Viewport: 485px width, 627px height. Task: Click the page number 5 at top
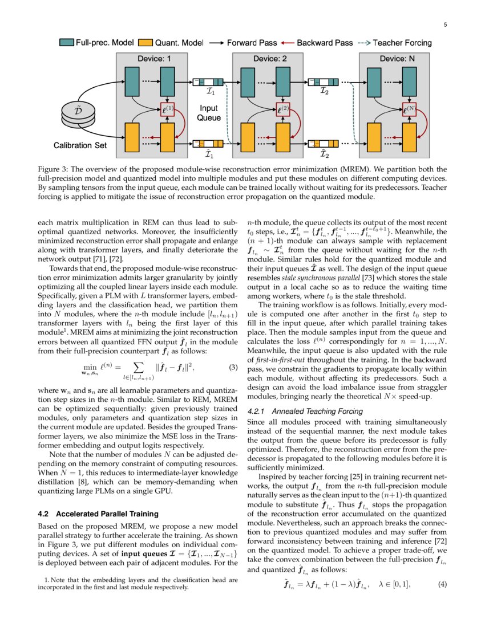[445, 25]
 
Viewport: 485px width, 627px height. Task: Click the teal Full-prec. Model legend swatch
[67, 43]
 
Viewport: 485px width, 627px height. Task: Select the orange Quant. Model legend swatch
[147, 43]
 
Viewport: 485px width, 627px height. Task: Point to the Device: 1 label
[153, 59]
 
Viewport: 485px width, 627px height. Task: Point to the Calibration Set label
[80, 145]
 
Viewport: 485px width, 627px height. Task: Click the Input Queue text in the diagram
[208, 113]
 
